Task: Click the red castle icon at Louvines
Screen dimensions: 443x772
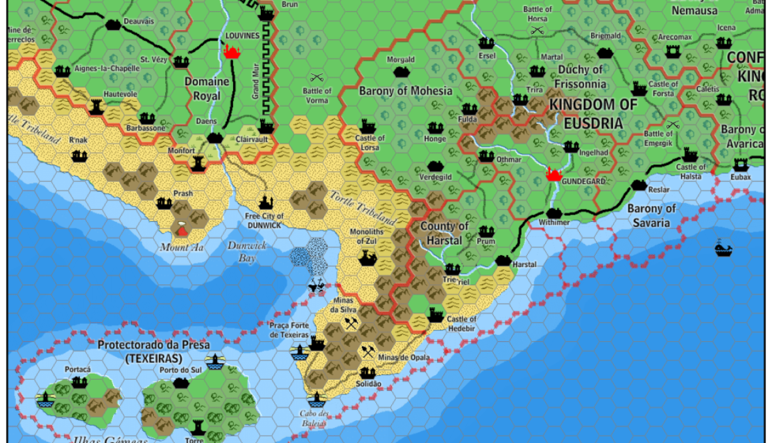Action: coord(232,51)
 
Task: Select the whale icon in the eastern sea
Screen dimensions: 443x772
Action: coord(723,248)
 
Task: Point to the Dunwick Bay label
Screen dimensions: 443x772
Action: coord(247,251)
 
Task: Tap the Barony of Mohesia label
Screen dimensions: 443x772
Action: coord(405,91)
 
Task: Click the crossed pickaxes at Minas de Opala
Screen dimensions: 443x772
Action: coord(367,351)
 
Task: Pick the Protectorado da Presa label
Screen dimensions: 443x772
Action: coord(154,351)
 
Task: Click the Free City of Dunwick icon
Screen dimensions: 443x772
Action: coord(266,201)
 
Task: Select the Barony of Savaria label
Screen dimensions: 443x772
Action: coord(652,215)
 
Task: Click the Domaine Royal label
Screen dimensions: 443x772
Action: coord(207,88)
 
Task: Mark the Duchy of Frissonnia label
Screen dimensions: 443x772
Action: coord(581,77)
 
